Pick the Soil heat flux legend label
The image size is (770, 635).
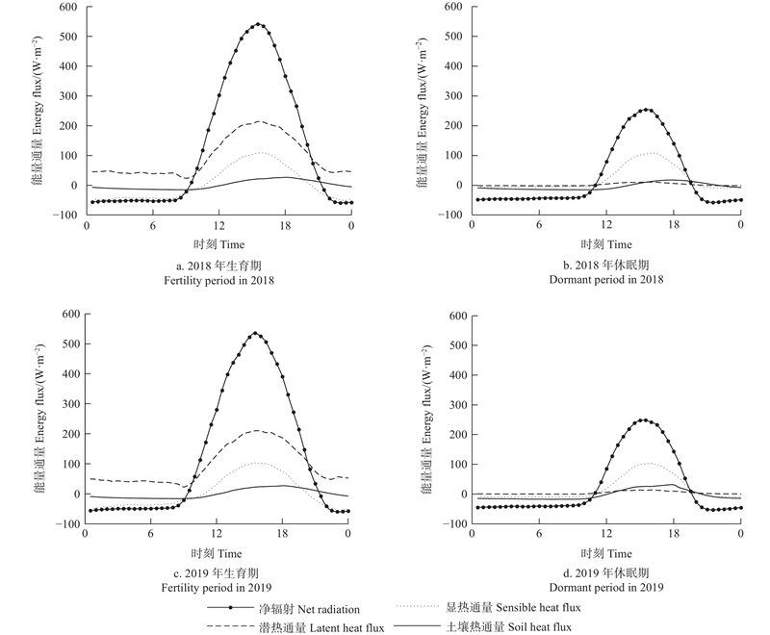[x=510, y=627]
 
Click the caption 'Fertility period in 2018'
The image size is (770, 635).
[x=218, y=279]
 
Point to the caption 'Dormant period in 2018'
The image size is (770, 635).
[x=604, y=279]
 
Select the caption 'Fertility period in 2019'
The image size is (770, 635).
[x=218, y=587]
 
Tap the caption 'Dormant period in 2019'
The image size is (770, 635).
[x=604, y=587]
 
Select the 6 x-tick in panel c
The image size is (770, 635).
[x=150, y=535]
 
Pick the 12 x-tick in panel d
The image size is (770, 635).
[x=606, y=535]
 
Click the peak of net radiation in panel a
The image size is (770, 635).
[x=259, y=24]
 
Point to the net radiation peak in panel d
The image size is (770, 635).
[x=643, y=419]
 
